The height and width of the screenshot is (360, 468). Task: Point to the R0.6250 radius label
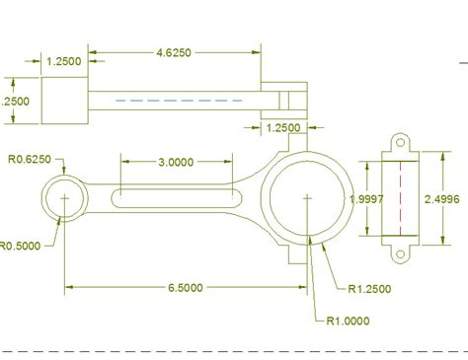click(x=31, y=159)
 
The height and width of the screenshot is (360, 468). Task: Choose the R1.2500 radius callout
click(x=371, y=289)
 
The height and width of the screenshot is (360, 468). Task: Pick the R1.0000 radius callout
click(x=350, y=319)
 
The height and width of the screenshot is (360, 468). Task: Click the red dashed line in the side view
click(x=401, y=197)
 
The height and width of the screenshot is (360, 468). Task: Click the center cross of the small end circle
click(x=65, y=198)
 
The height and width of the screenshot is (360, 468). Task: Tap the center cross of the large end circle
click(x=308, y=198)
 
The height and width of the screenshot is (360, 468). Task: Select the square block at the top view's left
click(x=65, y=100)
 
